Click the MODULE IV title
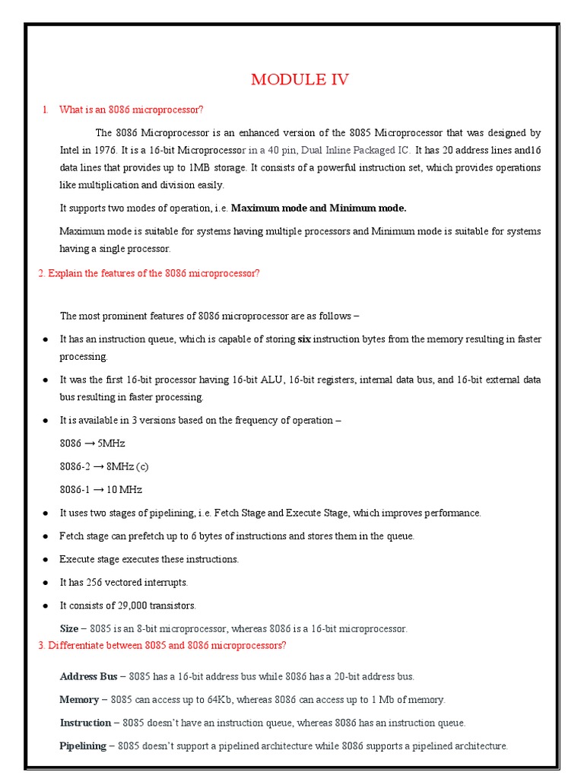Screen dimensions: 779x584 coord(300,80)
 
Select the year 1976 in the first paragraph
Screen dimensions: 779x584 coord(106,149)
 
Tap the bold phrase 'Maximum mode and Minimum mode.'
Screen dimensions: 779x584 coord(319,208)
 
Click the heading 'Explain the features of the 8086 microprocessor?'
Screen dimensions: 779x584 coord(149,273)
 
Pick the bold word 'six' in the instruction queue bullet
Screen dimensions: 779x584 coord(304,339)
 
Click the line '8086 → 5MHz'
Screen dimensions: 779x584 coord(92,443)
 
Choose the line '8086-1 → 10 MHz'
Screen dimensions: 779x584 coord(100,489)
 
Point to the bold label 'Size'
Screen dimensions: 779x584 coord(68,628)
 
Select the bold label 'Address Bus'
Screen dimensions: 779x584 coord(88,676)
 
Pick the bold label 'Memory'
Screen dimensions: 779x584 coord(79,699)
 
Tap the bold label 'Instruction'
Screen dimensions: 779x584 coord(84,722)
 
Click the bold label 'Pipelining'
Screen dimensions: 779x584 coord(82,746)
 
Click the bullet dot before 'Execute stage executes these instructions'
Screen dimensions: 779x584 coord(46,559)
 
